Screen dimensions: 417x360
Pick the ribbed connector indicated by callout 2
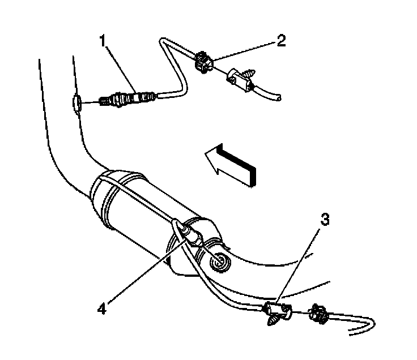pos(202,62)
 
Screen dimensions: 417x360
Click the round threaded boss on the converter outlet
pos(218,260)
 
